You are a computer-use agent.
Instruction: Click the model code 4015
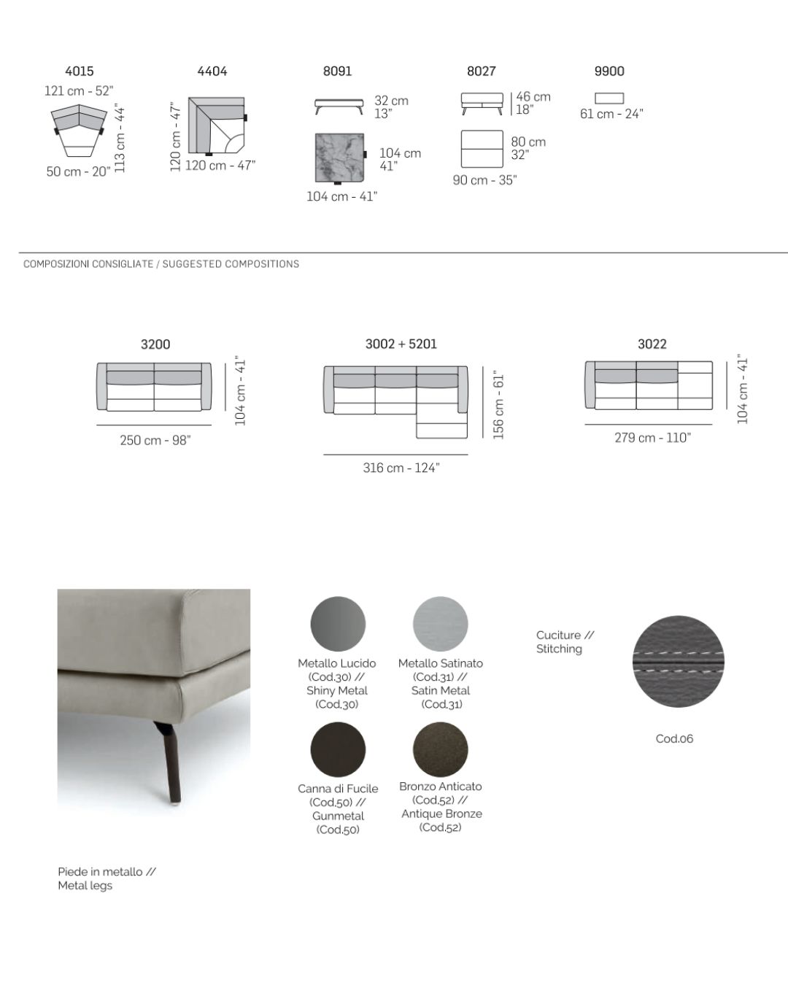pos(79,71)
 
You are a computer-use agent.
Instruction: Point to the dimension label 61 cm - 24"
pos(611,114)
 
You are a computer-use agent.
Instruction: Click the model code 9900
pos(609,71)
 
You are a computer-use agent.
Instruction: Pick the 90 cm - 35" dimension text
pos(484,180)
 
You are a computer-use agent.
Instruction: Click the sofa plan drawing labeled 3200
pos(154,387)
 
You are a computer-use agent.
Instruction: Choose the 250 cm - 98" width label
pos(155,440)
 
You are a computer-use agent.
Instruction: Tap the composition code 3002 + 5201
pos(401,344)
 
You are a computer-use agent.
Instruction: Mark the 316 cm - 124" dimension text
pos(401,468)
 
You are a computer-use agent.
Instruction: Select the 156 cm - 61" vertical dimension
pos(499,406)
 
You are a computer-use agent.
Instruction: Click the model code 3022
pos(652,344)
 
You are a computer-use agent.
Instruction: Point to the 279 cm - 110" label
pos(652,438)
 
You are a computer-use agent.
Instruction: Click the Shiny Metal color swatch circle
pos(338,624)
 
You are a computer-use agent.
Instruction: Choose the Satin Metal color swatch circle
pos(440,624)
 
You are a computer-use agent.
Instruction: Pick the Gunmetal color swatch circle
pos(338,749)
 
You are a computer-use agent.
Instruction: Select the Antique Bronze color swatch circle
pos(440,749)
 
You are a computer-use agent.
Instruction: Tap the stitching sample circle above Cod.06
pos(678,661)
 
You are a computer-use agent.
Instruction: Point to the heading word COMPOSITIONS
pos(262,264)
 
